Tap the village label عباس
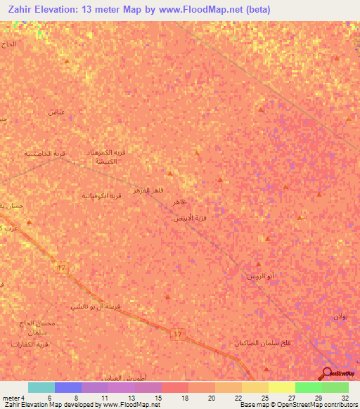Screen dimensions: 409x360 56,112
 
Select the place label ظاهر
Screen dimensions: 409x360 180,202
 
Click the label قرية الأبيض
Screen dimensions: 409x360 190,219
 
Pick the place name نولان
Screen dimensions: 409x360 340,316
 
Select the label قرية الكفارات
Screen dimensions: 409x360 30,344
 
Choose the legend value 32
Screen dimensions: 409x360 345,398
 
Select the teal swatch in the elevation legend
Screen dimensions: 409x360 41,387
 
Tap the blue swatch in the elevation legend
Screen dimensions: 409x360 68,387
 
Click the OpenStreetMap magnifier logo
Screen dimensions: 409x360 328,373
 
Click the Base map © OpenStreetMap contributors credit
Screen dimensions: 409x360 299,405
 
